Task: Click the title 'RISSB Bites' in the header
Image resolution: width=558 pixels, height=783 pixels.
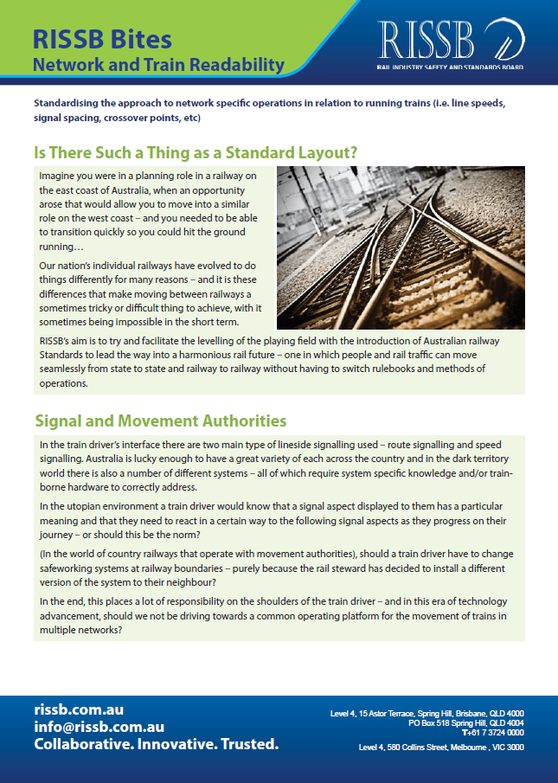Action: pyautogui.click(x=102, y=38)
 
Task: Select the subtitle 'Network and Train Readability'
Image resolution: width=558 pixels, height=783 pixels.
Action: pyautogui.click(x=158, y=65)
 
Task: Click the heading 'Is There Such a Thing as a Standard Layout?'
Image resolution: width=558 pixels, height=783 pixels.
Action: pyautogui.click(x=196, y=152)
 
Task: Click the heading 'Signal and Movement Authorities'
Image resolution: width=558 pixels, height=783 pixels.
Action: pyautogui.click(x=160, y=421)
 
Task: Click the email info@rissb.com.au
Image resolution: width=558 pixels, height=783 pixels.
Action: pyautogui.click(x=99, y=727)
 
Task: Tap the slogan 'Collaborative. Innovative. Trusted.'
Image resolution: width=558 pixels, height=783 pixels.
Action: pyautogui.click(x=156, y=745)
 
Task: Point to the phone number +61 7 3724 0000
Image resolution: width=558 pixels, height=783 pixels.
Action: pyautogui.click(x=493, y=732)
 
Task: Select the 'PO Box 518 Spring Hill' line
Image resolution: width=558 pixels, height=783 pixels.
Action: pyautogui.click(x=466, y=722)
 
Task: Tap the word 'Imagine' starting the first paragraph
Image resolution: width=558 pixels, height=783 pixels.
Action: pyautogui.click(x=59, y=176)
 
